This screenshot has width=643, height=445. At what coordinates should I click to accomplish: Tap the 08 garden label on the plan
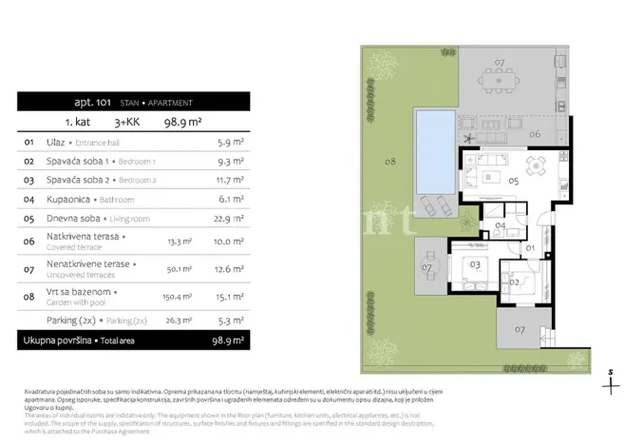point(390,162)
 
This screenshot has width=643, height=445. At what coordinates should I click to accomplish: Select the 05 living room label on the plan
point(512,181)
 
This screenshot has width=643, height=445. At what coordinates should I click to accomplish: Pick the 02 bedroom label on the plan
point(514,282)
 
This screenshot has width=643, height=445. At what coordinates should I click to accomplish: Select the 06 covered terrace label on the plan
point(535,135)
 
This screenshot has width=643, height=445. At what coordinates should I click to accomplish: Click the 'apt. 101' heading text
point(92,102)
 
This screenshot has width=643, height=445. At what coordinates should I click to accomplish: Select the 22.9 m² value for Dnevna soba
point(229,218)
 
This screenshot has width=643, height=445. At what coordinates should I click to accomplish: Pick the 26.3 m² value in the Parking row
point(179,319)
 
